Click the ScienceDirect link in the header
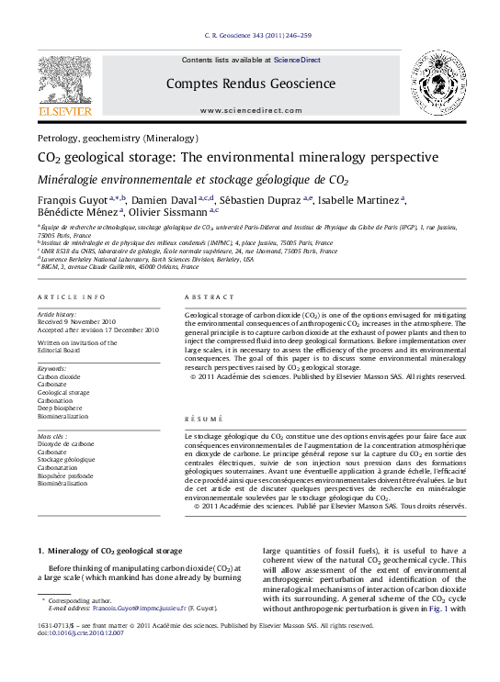click(297, 60)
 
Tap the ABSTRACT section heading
click(203, 297)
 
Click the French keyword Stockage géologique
click(66, 459)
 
